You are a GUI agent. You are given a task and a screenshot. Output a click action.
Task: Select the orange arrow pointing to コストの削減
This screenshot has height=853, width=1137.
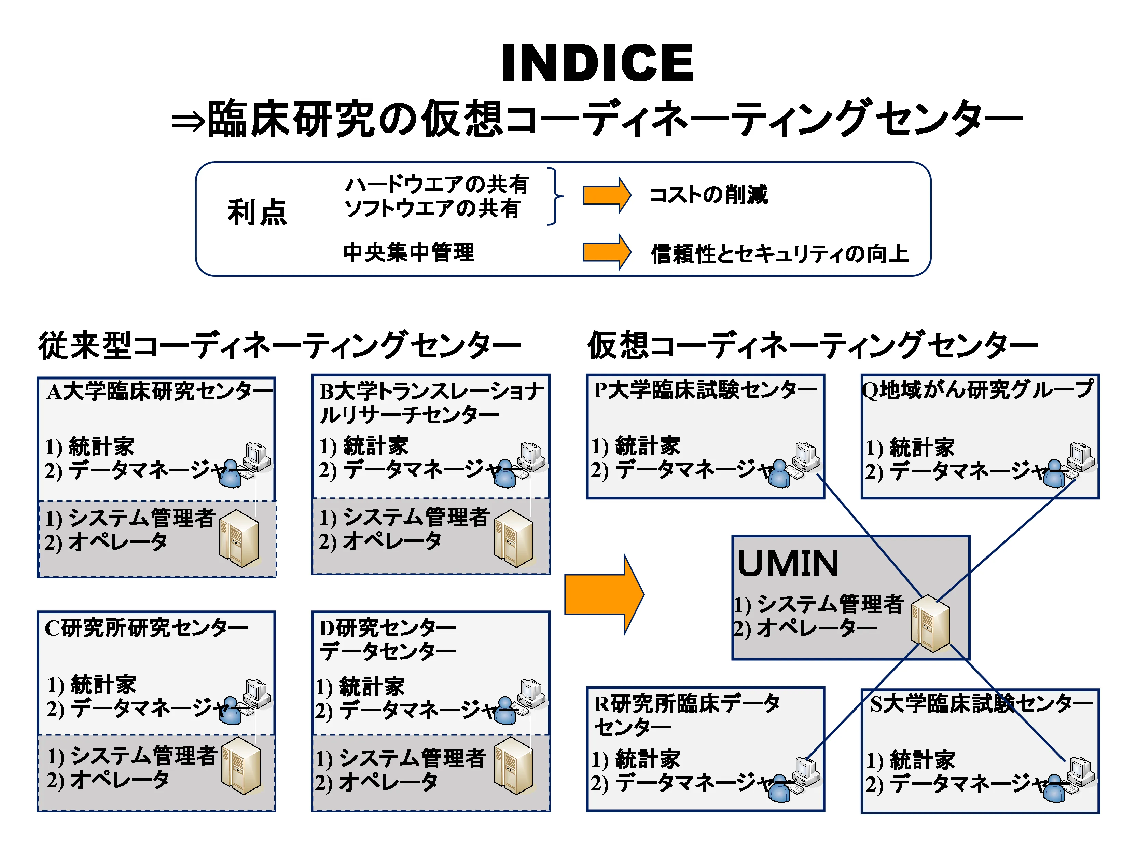pyautogui.click(x=606, y=195)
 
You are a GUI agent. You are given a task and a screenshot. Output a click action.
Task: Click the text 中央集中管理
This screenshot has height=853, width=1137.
pyautogui.click(x=408, y=252)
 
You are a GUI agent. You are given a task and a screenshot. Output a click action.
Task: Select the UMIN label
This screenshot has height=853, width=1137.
pyautogui.click(x=788, y=564)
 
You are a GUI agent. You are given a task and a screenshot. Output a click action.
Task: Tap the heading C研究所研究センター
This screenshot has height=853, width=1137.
pyautogui.click(x=147, y=628)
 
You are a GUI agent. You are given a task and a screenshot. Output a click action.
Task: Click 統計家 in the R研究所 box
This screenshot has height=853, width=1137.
pyautogui.click(x=648, y=759)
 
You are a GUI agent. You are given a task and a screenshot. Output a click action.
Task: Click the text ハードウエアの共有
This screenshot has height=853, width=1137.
pyautogui.click(x=436, y=184)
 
